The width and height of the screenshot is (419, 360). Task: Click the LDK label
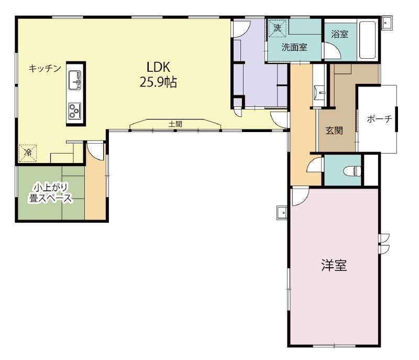(x=159, y=67)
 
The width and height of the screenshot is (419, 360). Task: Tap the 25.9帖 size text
(x=158, y=83)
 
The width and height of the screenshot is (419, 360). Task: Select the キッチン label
(x=45, y=69)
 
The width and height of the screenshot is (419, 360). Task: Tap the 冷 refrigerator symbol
(x=28, y=153)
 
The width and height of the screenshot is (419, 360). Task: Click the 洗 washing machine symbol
(x=278, y=28)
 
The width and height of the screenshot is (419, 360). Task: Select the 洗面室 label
(x=294, y=48)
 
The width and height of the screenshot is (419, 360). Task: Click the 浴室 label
(x=339, y=34)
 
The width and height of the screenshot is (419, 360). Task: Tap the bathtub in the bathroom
(x=368, y=40)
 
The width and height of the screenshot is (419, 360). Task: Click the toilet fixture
(x=352, y=170)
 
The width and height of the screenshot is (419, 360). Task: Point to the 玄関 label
(x=334, y=130)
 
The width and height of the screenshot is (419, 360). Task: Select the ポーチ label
(x=379, y=118)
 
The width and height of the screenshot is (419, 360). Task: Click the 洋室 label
(x=334, y=265)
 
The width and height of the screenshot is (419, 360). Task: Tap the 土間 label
(x=175, y=124)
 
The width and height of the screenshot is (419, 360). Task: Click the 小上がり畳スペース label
(x=51, y=193)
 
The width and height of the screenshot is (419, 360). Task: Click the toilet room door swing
(x=315, y=164)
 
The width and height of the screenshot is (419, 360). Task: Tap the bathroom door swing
(x=333, y=50)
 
